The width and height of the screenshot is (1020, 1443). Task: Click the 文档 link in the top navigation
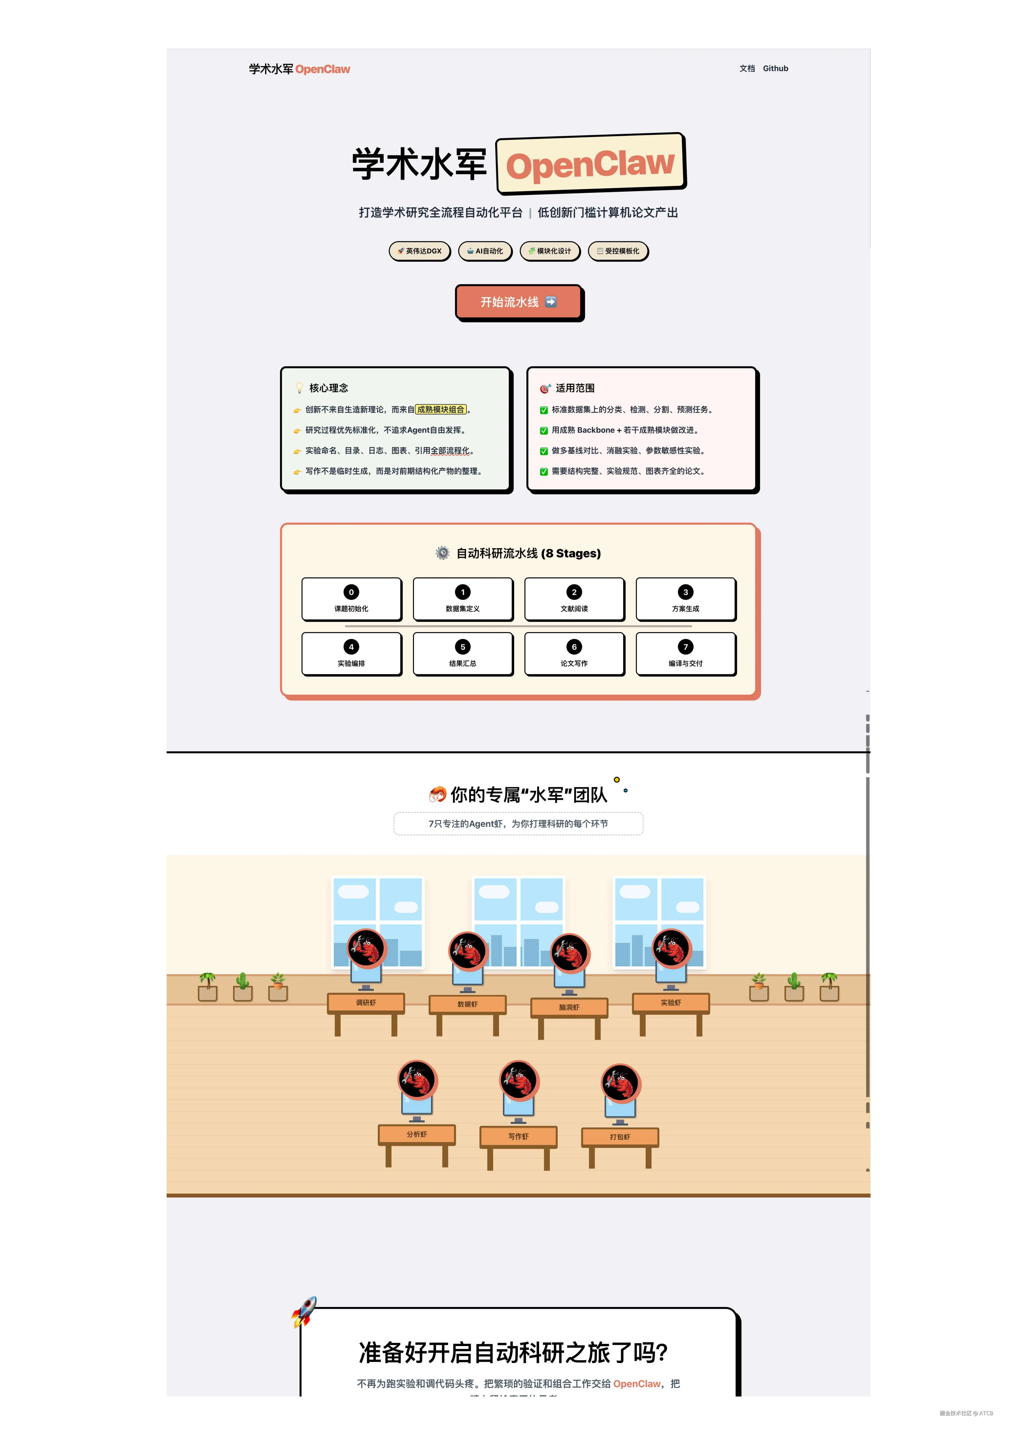747,69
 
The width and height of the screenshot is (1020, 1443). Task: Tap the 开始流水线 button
519,302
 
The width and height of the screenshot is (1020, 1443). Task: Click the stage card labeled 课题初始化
351,599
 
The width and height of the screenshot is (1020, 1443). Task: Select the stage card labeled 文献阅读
574,599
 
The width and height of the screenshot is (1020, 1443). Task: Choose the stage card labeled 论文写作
574,654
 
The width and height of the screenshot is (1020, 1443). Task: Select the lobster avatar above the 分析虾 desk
417,1080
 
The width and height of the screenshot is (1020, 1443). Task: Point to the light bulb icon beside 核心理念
300,388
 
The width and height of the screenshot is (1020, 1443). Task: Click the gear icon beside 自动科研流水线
443,553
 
